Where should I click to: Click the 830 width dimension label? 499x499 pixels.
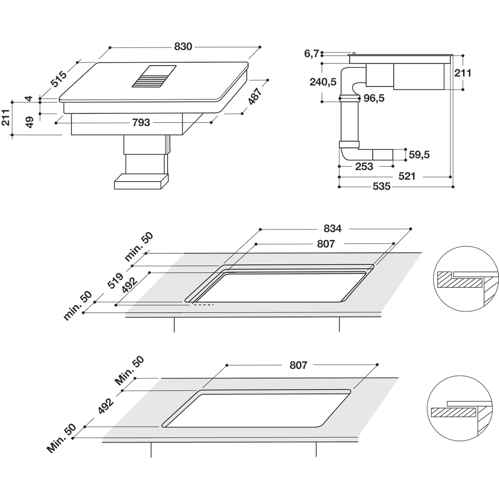point(183,46)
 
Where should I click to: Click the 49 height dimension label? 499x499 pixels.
point(29,122)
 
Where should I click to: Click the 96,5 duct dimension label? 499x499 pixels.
point(374,98)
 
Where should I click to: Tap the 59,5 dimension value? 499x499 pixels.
point(419,155)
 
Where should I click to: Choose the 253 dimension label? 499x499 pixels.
point(364,166)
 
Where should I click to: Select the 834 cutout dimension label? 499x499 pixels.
point(332,229)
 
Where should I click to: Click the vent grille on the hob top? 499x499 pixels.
point(154,76)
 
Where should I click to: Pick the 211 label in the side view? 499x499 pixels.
point(463,73)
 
